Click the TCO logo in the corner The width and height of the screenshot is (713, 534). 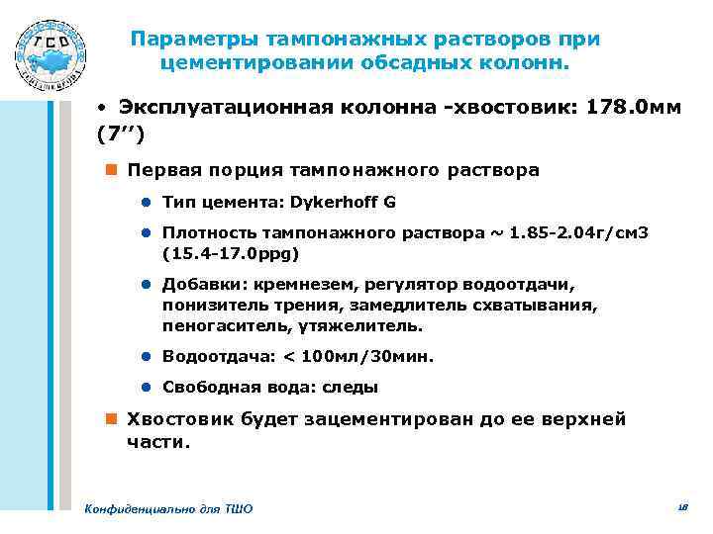(51, 51)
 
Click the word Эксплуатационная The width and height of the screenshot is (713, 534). (216, 106)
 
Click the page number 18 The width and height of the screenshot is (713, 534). (682, 506)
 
